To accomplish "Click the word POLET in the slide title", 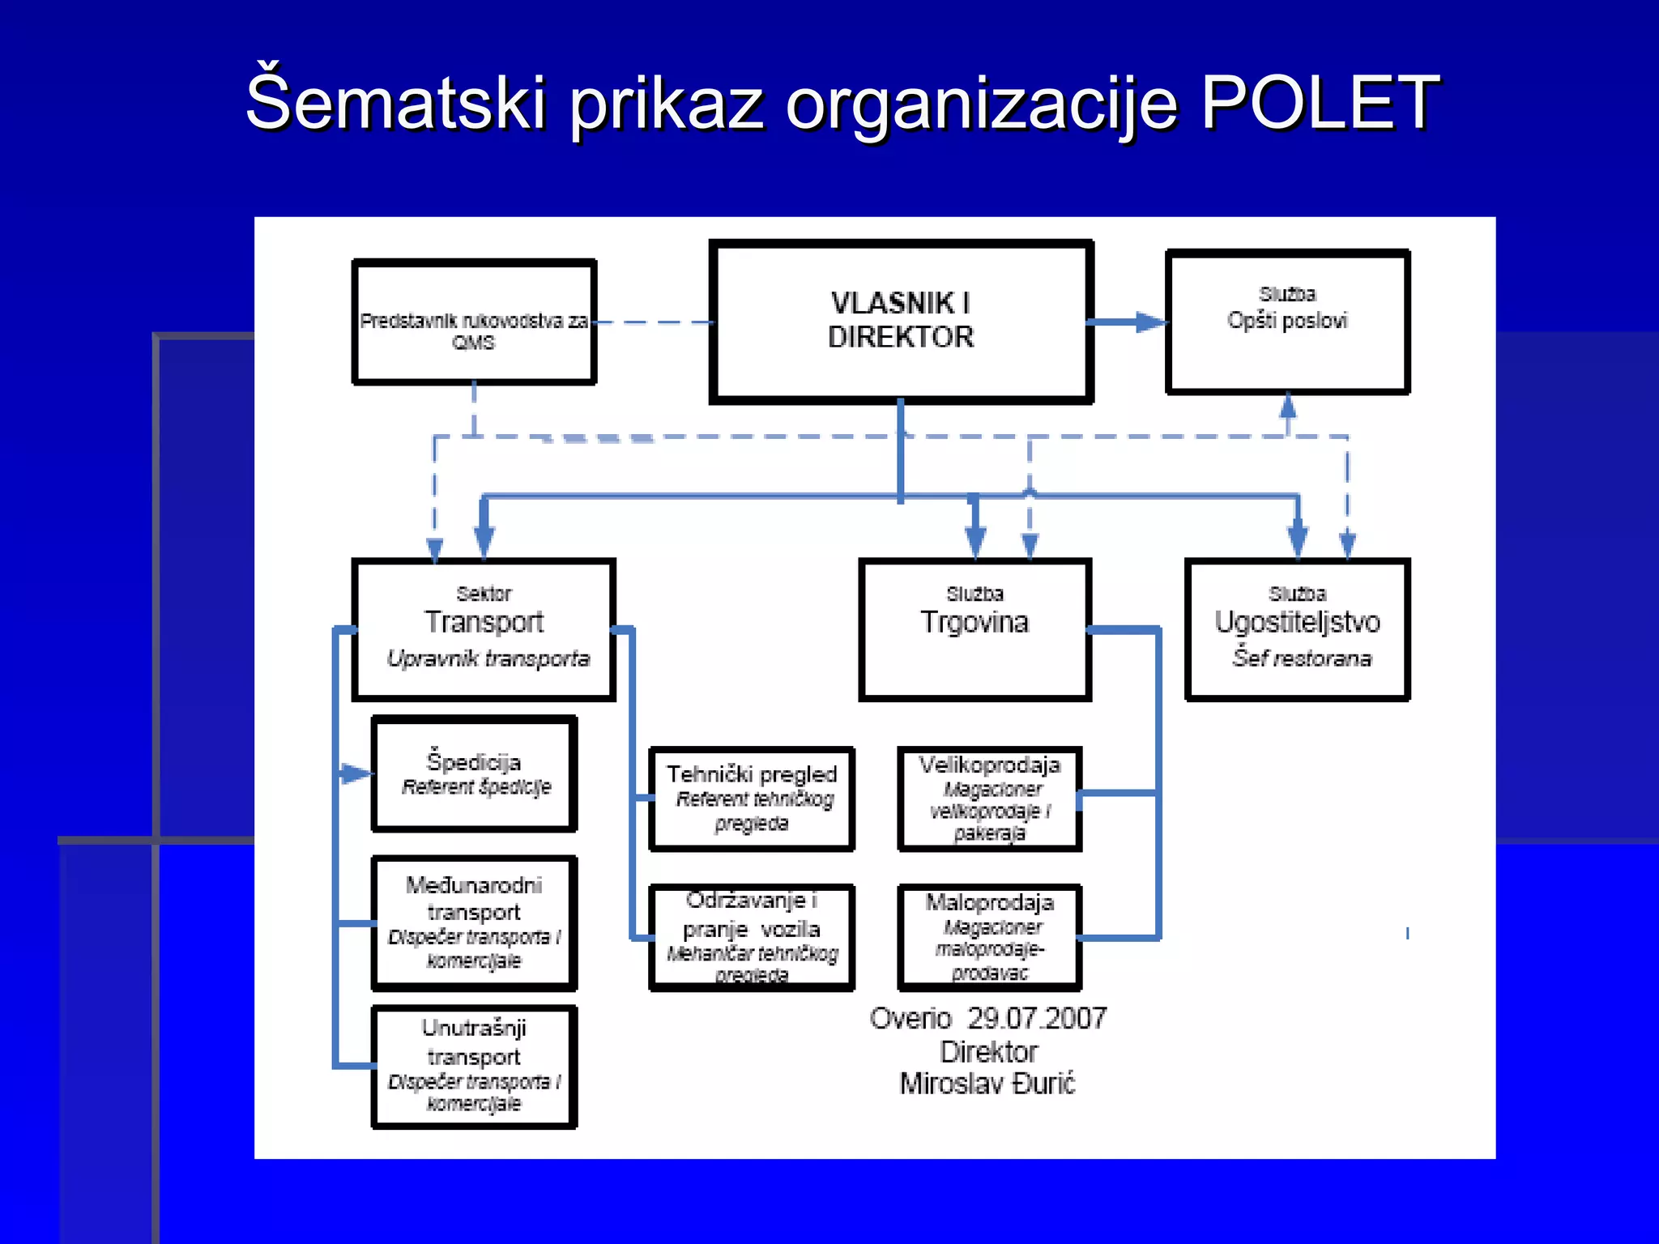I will point(1319,103).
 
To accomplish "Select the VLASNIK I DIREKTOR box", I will point(901,322).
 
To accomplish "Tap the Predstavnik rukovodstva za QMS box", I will point(474,322).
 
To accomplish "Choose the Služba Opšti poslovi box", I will point(1287,322).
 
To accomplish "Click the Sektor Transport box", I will point(484,629).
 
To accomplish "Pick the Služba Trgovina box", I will point(975,629).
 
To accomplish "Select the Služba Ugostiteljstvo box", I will point(1297,629).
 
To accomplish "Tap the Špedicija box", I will point(474,773).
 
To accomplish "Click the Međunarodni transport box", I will point(474,923).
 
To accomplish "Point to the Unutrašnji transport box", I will point(474,1067).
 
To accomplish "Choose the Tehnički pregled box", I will point(752,799).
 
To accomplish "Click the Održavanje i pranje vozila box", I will point(752,937).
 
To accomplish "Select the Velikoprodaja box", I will point(989,799).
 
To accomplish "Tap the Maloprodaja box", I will point(989,937).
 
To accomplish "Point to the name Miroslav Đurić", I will point(987,1084).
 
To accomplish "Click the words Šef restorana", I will point(1302,658).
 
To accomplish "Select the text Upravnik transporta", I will point(488,658).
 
